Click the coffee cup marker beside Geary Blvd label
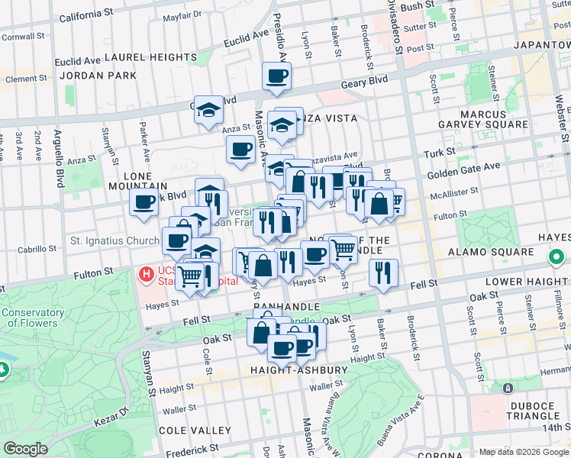(x=276, y=76)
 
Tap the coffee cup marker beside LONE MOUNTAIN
(x=144, y=202)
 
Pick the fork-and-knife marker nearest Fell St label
(x=383, y=273)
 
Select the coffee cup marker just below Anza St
(x=240, y=149)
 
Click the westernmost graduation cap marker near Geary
(x=208, y=109)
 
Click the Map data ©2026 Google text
(x=523, y=452)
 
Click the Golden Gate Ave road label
(x=475, y=166)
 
